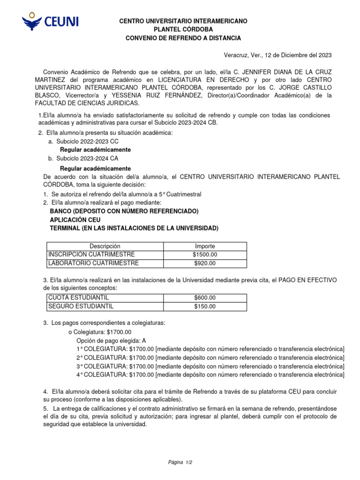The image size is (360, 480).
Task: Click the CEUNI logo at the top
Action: click(51, 22)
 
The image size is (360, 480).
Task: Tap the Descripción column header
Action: click(105, 246)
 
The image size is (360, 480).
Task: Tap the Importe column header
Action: click(205, 246)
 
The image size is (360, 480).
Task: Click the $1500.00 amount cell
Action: click(205, 255)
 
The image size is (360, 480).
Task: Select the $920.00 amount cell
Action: click(205, 263)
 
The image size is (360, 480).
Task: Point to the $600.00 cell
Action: click(205, 298)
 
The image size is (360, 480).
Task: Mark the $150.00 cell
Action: click(205, 307)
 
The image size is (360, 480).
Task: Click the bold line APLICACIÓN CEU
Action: click(75, 220)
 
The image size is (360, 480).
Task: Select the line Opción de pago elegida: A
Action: click(108, 340)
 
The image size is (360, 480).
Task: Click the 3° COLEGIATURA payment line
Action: click(210, 366)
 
